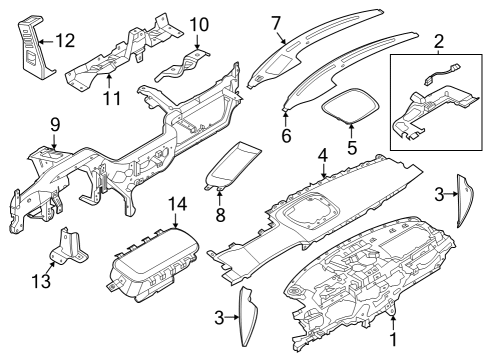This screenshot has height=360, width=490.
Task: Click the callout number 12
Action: (x=65, y=41)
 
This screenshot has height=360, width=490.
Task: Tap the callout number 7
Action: (x=277, y=21)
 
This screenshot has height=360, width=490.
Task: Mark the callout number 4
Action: (x=322, y=155)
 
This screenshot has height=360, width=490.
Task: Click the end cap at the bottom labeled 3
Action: (x=246, y=316)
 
